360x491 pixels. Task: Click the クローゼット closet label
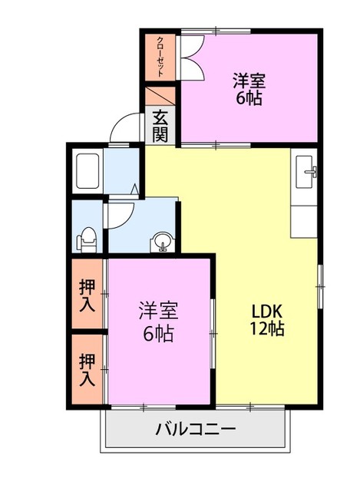click(x=160, y=56)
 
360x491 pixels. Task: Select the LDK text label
click(x=268, y=311)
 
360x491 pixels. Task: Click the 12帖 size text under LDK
click(x=268, y=330)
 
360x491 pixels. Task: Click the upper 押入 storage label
click(x=88, y=295)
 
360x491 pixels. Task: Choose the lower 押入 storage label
click(x=88, y=369)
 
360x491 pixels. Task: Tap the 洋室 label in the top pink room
click(x=249, y=80)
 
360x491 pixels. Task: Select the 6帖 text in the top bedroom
click(x=249, y=99)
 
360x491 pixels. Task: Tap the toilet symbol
click(x=87, y=239)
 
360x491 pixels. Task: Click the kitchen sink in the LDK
click(x=308, y=170)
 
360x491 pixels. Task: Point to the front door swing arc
click(x=123, y=127)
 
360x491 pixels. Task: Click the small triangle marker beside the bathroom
click(x=134, y=187)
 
